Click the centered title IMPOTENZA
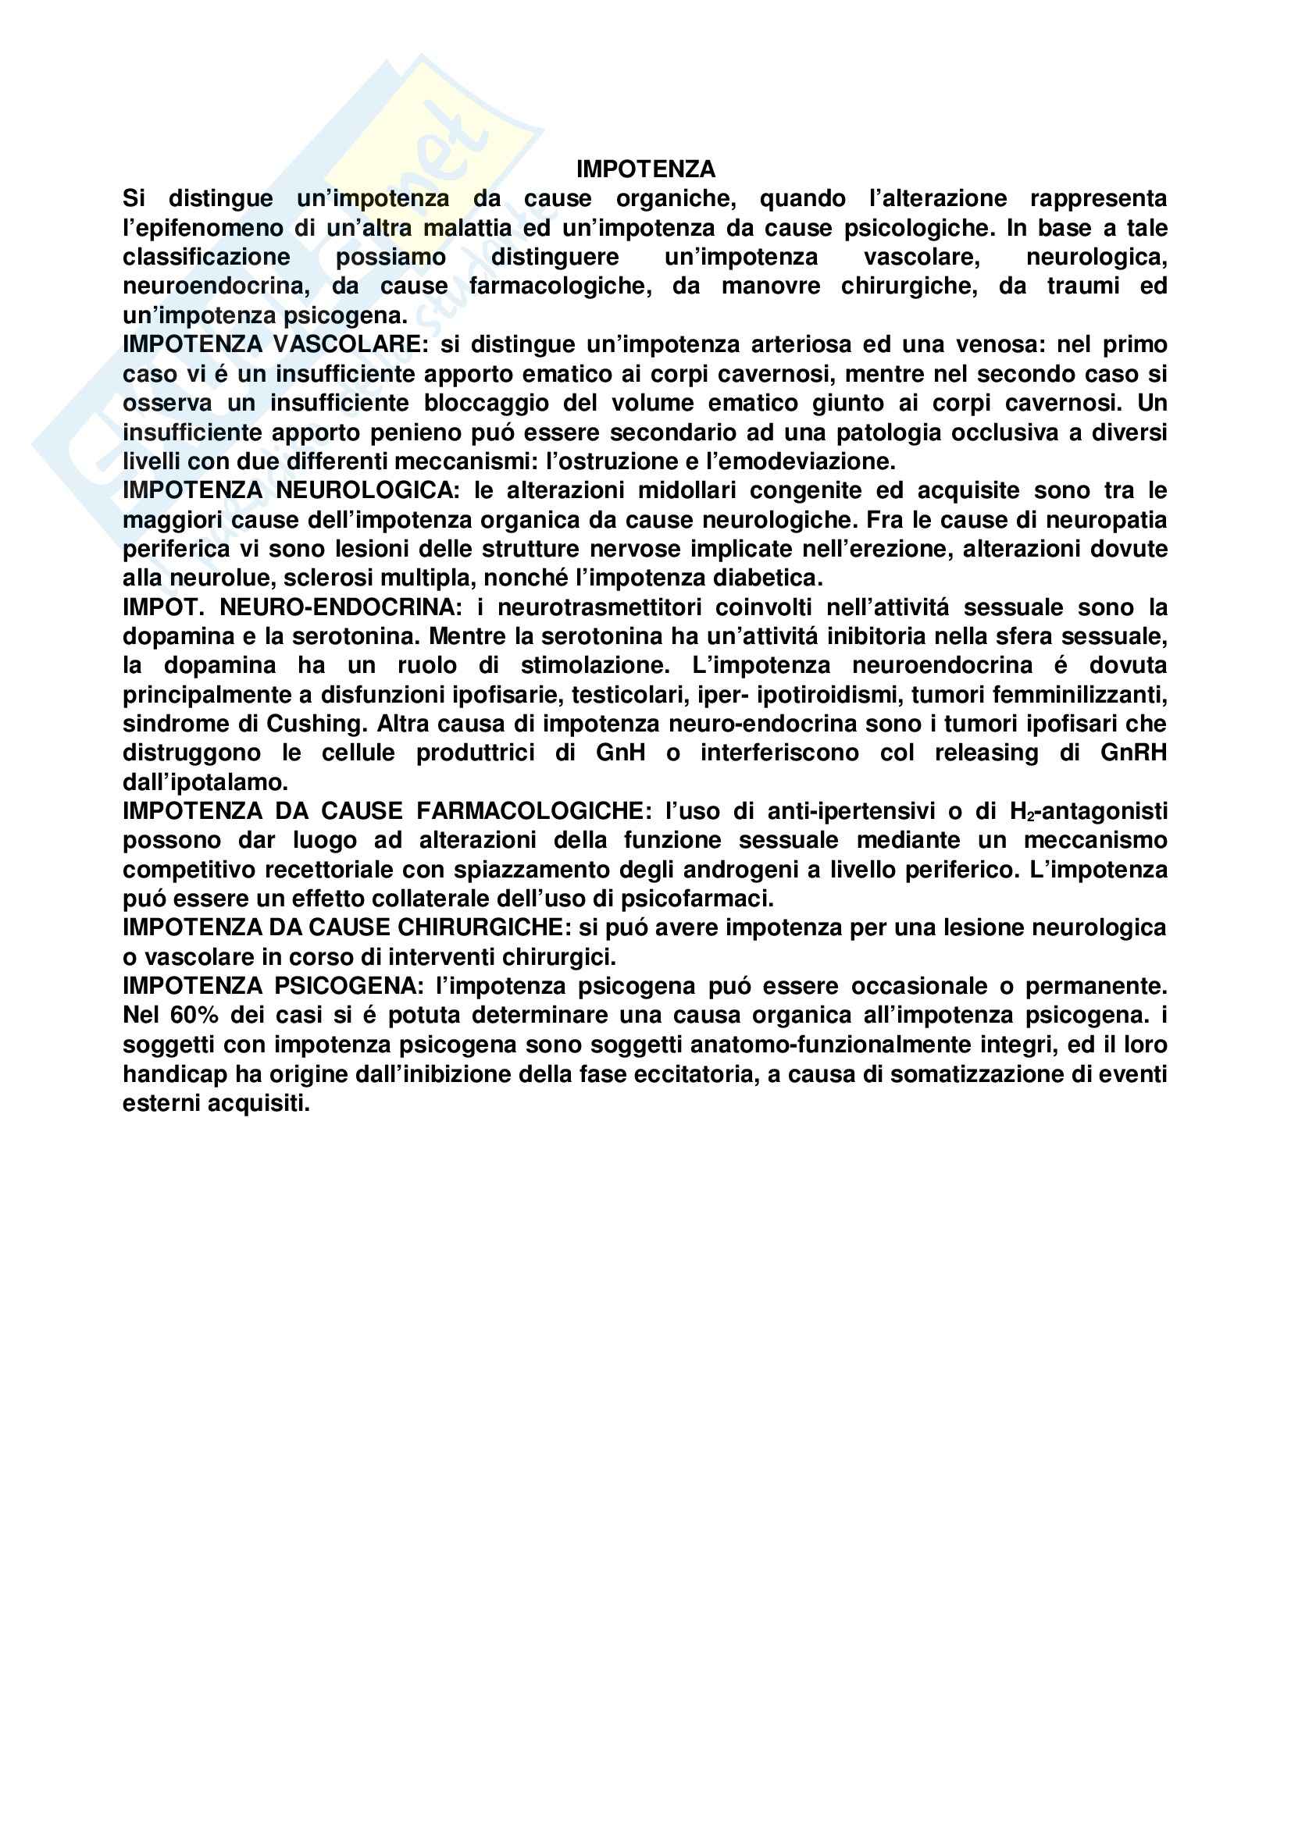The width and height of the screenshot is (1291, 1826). pos(645,169)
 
